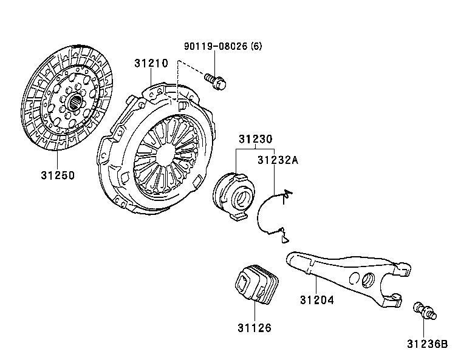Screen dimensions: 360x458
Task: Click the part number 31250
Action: click(x=58, y=175)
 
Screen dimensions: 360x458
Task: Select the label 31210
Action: click(x=151, y=62)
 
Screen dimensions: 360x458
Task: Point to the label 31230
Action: click(x=255, y=140)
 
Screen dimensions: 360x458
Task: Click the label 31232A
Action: click(x=278, y=161)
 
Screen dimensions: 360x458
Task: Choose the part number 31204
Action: click(x=316, y=300)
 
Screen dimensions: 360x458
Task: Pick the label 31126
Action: click(x=254, y=328)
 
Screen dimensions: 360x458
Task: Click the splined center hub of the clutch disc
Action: click(x=74, y=102)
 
